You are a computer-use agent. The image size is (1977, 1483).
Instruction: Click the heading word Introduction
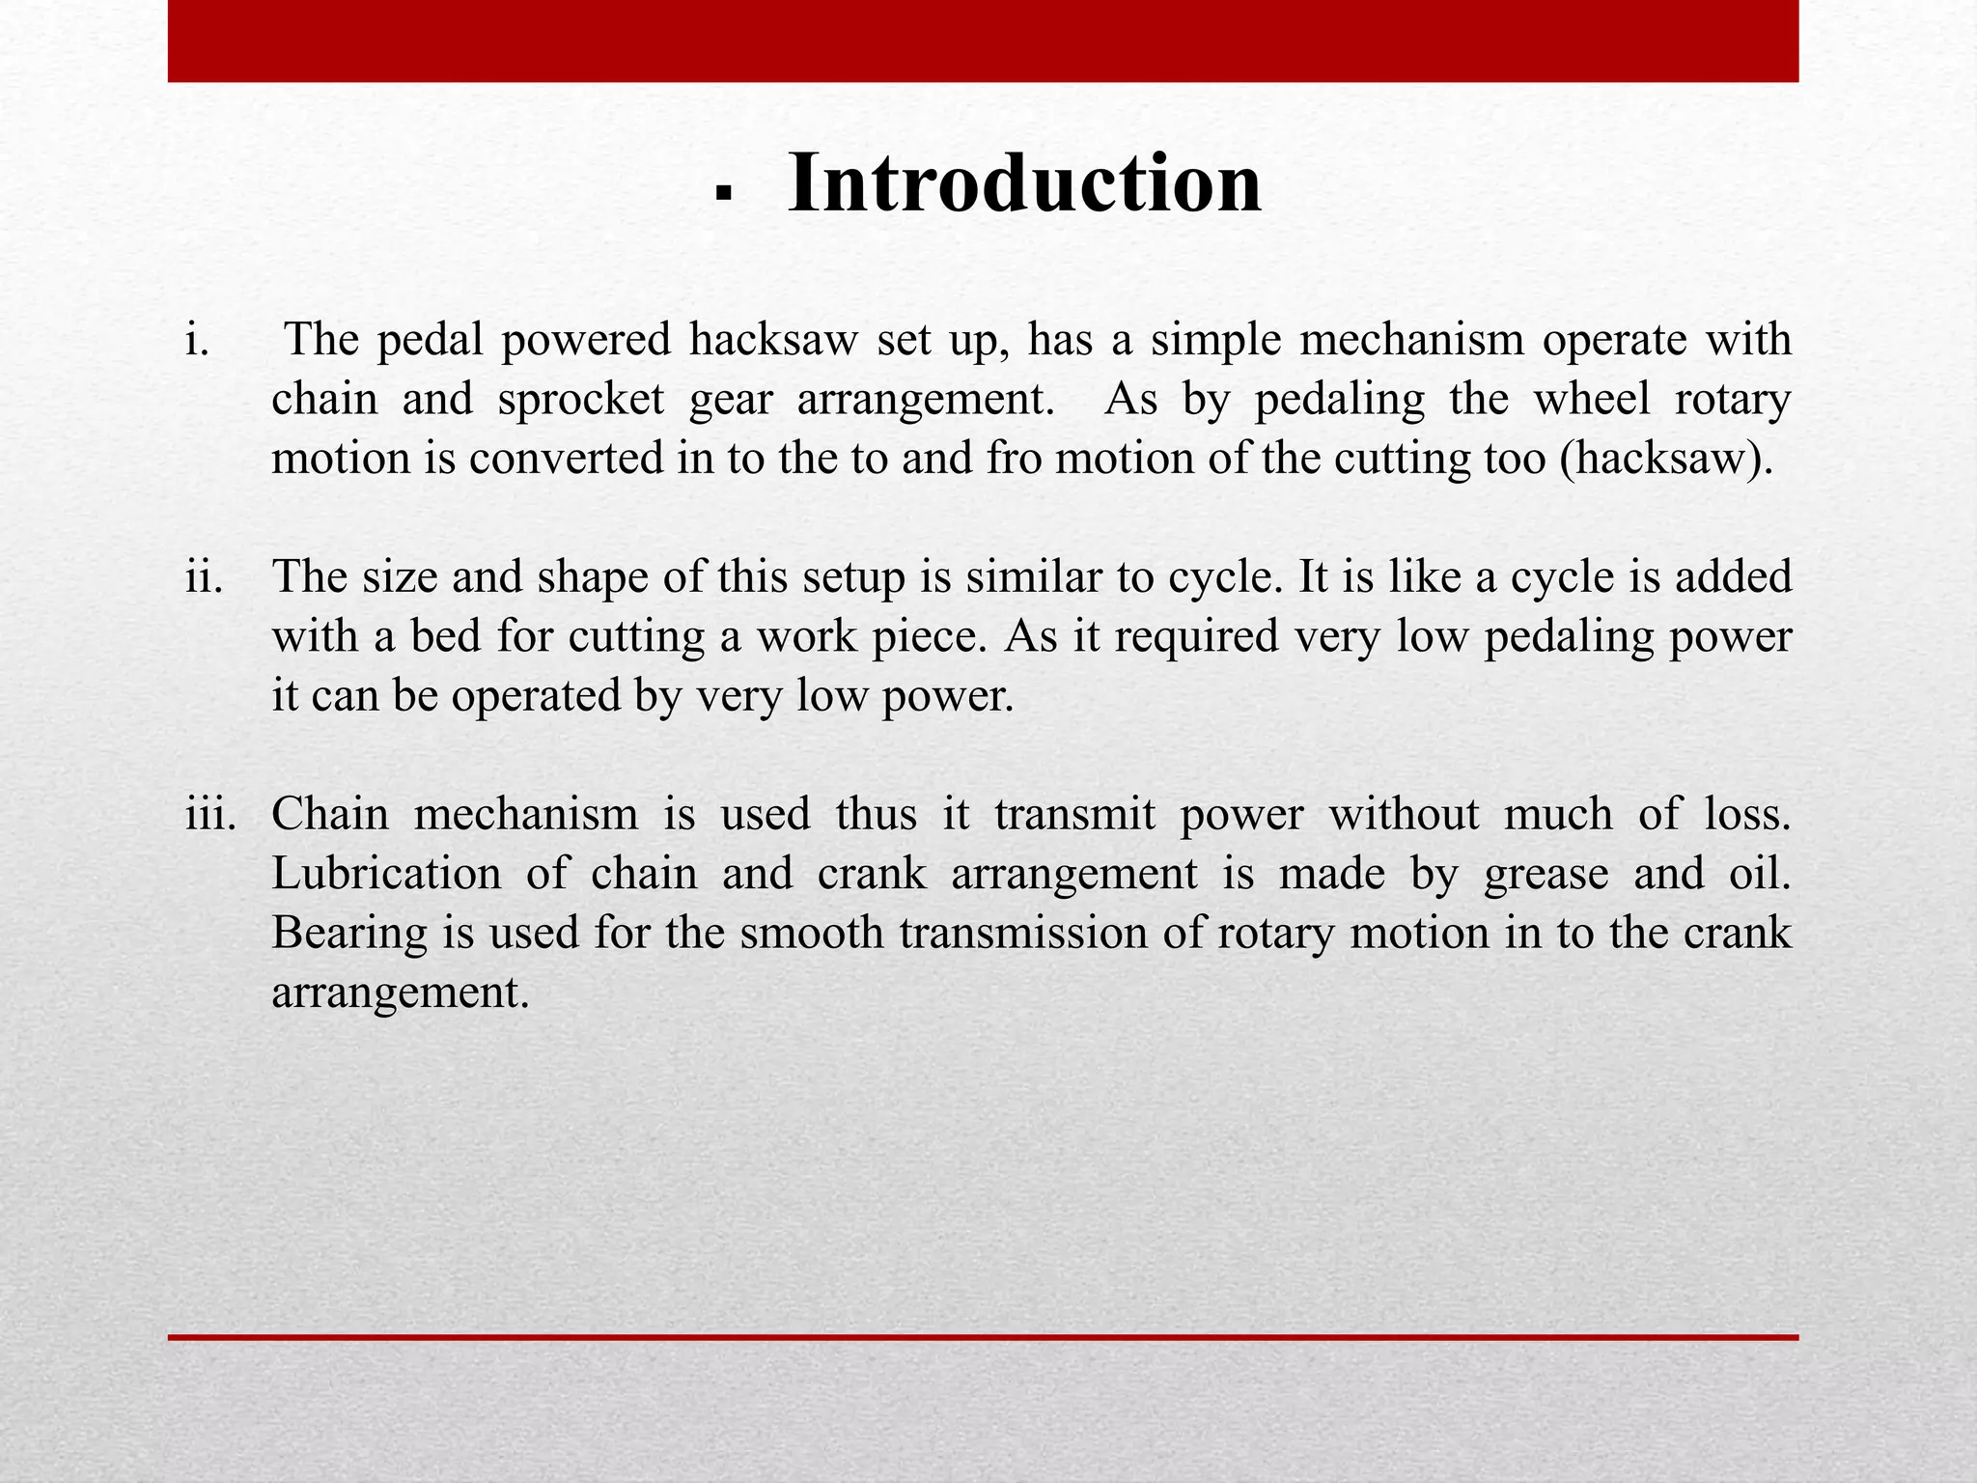pyautogui.click(x=1024, y=183)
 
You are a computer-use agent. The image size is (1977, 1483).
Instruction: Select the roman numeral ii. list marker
pyautogui.click(x=204, y=577)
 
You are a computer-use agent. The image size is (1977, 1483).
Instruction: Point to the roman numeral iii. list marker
pyautogui.click(x=210, y=814)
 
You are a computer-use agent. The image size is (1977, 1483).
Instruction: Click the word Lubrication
pyautogui.click(x=386, y=874)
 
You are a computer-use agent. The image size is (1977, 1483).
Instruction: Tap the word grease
pyautogui.click(x=1545, y=875)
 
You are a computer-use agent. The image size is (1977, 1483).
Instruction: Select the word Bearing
pyautogui.click(x=349, y=934)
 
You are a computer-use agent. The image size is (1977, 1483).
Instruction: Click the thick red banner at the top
pyautogui.click(x=983, y=41)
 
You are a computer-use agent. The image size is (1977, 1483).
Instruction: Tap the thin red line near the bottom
pyautogui.click(x=983, y=1337)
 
